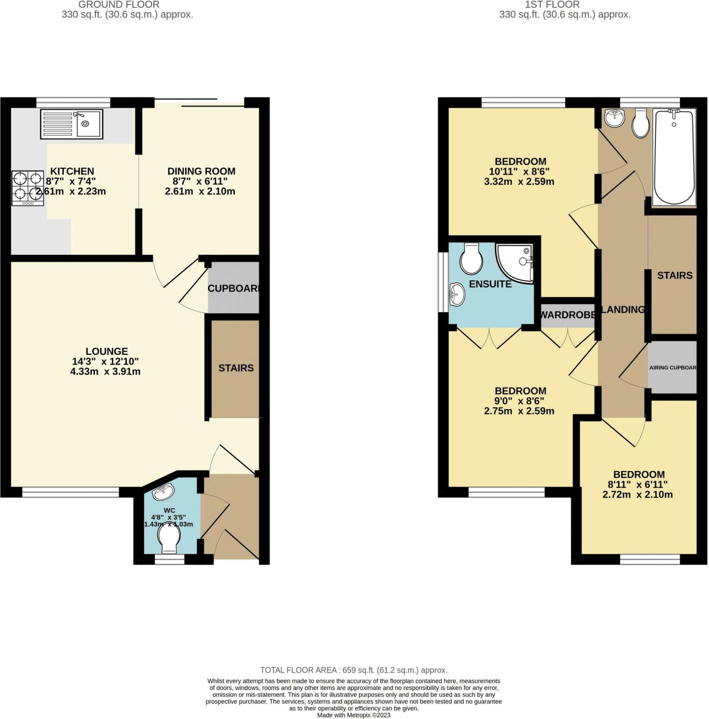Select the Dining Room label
(x=201, y=171)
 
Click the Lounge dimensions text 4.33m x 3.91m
(x=105, y=371)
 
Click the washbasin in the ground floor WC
(x=163, y=492)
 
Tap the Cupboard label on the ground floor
(x=233, y=288)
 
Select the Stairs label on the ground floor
(x=236, y=368)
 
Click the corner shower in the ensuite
(x=515, y=263)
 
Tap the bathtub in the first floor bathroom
(x=675, y=156)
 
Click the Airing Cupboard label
(x=672, y=368)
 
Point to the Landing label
(x=623, y=310)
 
